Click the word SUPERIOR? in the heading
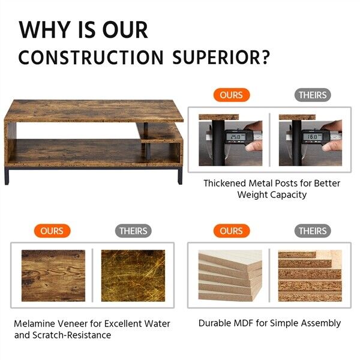221,57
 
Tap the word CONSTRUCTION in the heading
91,57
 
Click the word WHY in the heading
44,29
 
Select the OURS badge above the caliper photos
232,95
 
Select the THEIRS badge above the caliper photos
313,95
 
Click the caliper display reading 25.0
236,137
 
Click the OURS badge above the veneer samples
52,231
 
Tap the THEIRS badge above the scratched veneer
133,231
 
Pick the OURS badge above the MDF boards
232,231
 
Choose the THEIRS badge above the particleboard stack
313,231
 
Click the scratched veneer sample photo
133,276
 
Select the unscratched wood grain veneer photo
53,276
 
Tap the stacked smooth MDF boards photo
230,276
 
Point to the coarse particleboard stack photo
310,276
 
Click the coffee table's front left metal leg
7,176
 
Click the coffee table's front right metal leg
180,176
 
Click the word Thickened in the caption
225,183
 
